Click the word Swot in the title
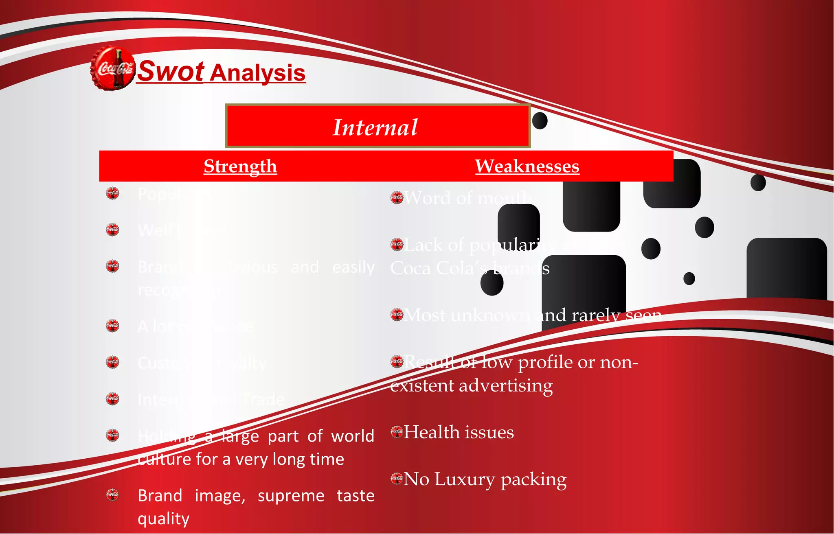click(171, 72)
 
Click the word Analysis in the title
click(258, 74)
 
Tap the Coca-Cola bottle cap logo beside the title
click(112, 68)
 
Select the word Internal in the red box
click(375, 127)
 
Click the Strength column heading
click(240, 166)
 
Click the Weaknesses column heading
click(527, 166)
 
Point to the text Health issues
click(459, 432)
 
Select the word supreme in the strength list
click(291, 496)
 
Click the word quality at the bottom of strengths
click(164, 519)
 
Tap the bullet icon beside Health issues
click(397, 432)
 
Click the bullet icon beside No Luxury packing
click(397, 478)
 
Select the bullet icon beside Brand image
click(112, 495)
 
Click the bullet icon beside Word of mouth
click(397, 197)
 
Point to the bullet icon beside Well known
click(112, 230)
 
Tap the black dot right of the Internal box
click(540, 121)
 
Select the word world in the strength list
click(353, 436)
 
